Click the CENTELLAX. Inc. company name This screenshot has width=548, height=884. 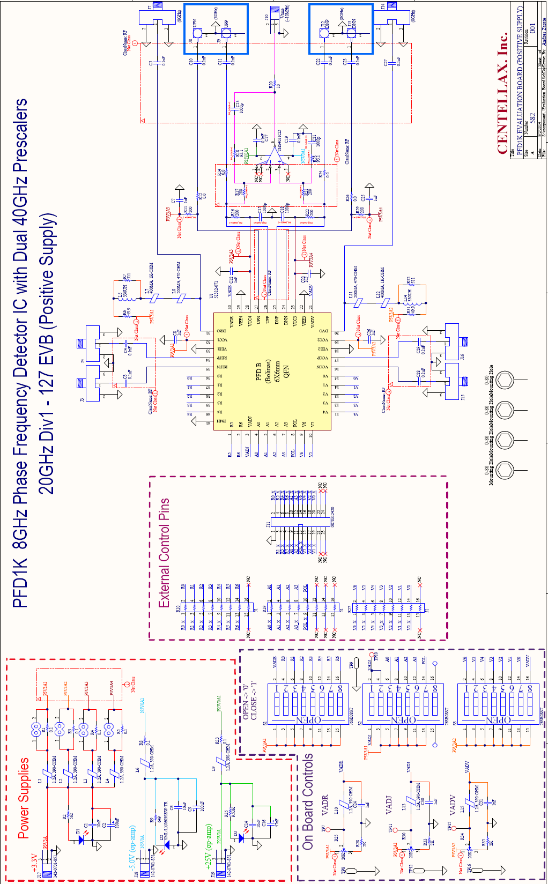tap(502, 94)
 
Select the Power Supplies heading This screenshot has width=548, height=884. tap(24, 798)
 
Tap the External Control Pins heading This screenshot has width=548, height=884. tap(164, 553)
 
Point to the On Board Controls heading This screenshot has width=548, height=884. tap(308, 801)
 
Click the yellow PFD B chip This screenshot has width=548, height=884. tap(272, 372)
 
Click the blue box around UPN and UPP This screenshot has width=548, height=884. tap(216, 29)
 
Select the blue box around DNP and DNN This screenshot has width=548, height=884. tap(340, 29)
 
